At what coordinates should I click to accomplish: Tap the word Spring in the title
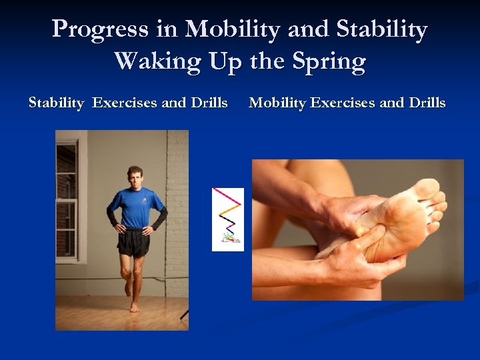point(329,62)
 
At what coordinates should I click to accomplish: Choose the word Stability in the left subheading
point(57,103)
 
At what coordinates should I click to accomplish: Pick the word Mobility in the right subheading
point(277,103)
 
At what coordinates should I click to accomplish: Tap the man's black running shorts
point(133,243)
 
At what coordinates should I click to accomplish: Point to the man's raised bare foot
point(127,288)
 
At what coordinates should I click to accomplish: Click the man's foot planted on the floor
point(135,307)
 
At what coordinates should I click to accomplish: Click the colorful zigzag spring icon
point(227,219)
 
